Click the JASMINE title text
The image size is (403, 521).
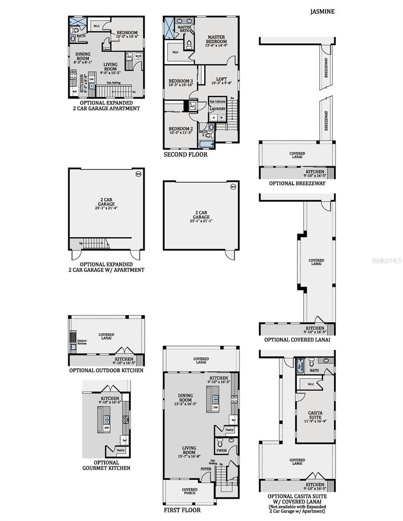[322, 12]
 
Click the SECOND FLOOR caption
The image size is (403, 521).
[186, 154]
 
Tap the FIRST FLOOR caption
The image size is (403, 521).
[182, 510]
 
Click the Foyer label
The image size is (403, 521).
[206, 469]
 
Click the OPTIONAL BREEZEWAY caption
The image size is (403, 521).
[297, 183]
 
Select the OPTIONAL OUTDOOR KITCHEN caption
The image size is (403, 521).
[106, 370]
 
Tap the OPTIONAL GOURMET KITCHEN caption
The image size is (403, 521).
[106, 465]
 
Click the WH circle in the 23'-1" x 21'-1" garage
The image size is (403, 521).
[233, 187]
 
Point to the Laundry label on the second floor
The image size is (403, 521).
[217, 109]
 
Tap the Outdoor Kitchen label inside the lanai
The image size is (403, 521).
[82, 342]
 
